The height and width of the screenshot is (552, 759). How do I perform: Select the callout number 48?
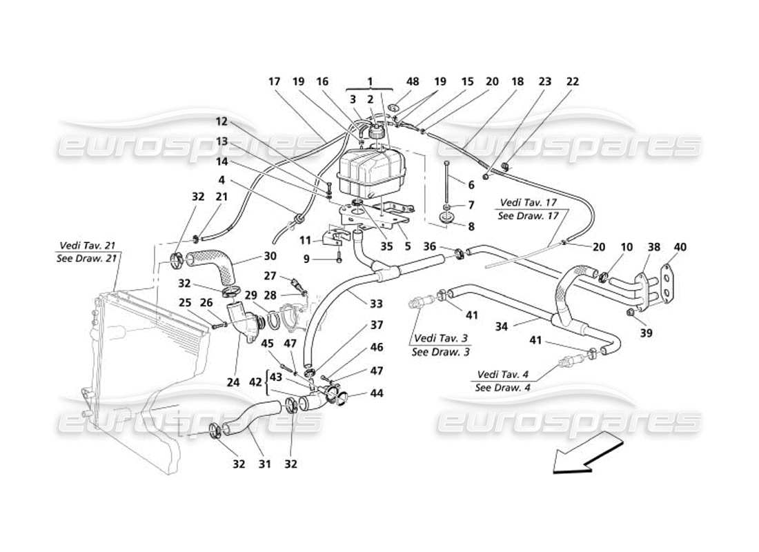tap(413, 81)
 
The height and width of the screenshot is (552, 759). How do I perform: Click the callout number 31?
tap(264, 464)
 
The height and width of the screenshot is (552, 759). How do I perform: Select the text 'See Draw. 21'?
tap(87, 257)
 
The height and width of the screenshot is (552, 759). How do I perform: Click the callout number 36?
tap(430, 246)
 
